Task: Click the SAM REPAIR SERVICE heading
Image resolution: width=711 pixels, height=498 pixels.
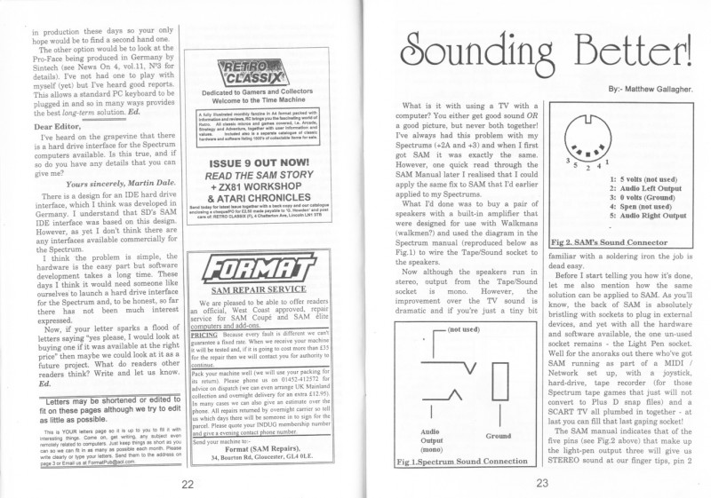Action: [x=251, y=290]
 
